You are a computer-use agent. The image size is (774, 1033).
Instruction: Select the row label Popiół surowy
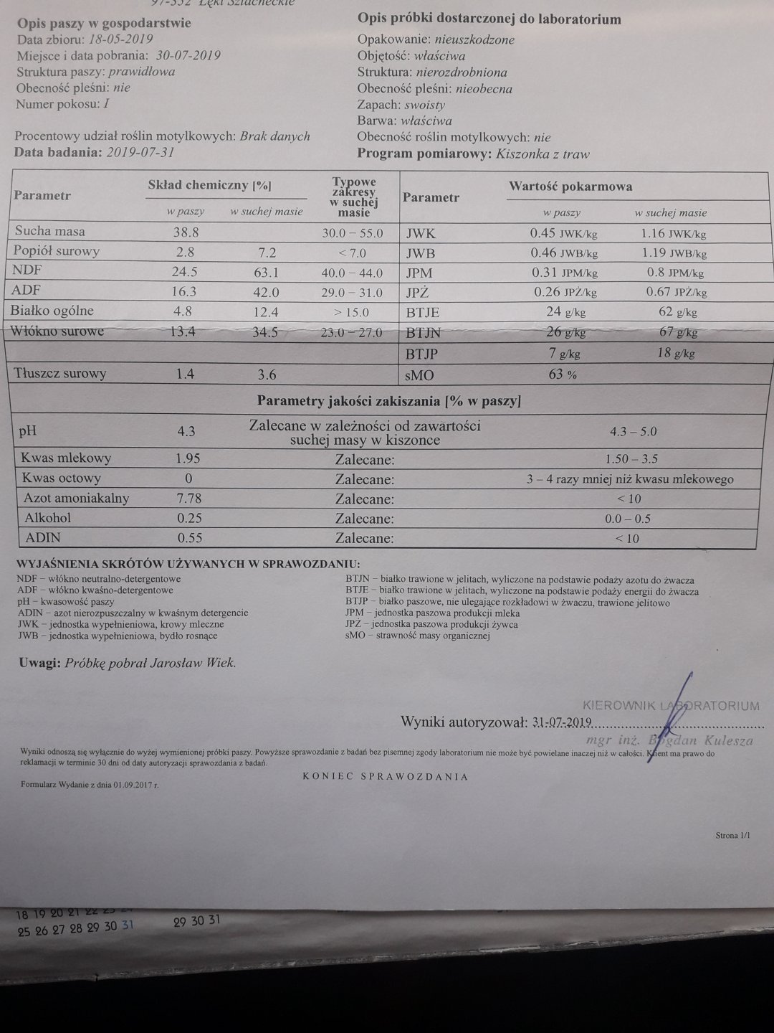coord(57,251)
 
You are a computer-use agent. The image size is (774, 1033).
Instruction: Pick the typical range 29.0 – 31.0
coord(352,293)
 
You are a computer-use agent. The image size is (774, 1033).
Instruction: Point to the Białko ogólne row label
coord(52,311)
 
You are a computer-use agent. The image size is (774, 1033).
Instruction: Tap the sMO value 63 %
coord(562,374)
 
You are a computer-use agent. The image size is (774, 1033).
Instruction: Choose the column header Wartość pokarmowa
coord(570,187)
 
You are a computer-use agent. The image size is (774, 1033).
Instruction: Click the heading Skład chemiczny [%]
coord(209,185)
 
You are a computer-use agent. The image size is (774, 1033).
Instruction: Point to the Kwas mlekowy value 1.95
coord(187,458)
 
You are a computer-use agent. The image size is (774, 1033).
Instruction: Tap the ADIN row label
coord(42,537)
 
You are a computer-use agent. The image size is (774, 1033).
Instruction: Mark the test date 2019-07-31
coord(140,152)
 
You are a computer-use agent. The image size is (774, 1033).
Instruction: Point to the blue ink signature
coord(670,717)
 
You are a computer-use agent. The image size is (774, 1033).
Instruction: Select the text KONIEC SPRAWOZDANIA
coord(386,776)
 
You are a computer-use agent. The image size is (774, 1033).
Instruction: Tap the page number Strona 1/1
coord(732,836)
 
